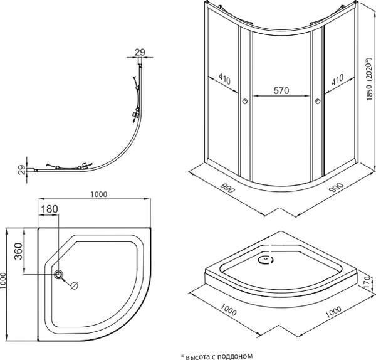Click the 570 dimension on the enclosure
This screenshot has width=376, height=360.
281,91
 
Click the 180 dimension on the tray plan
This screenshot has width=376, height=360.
50,208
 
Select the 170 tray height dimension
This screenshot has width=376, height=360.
367,290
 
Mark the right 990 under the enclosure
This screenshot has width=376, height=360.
336,189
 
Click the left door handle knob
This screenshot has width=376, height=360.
244,101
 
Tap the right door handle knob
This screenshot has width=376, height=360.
318,101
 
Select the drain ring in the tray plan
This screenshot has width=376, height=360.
60,274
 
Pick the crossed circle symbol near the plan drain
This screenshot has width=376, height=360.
74,286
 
